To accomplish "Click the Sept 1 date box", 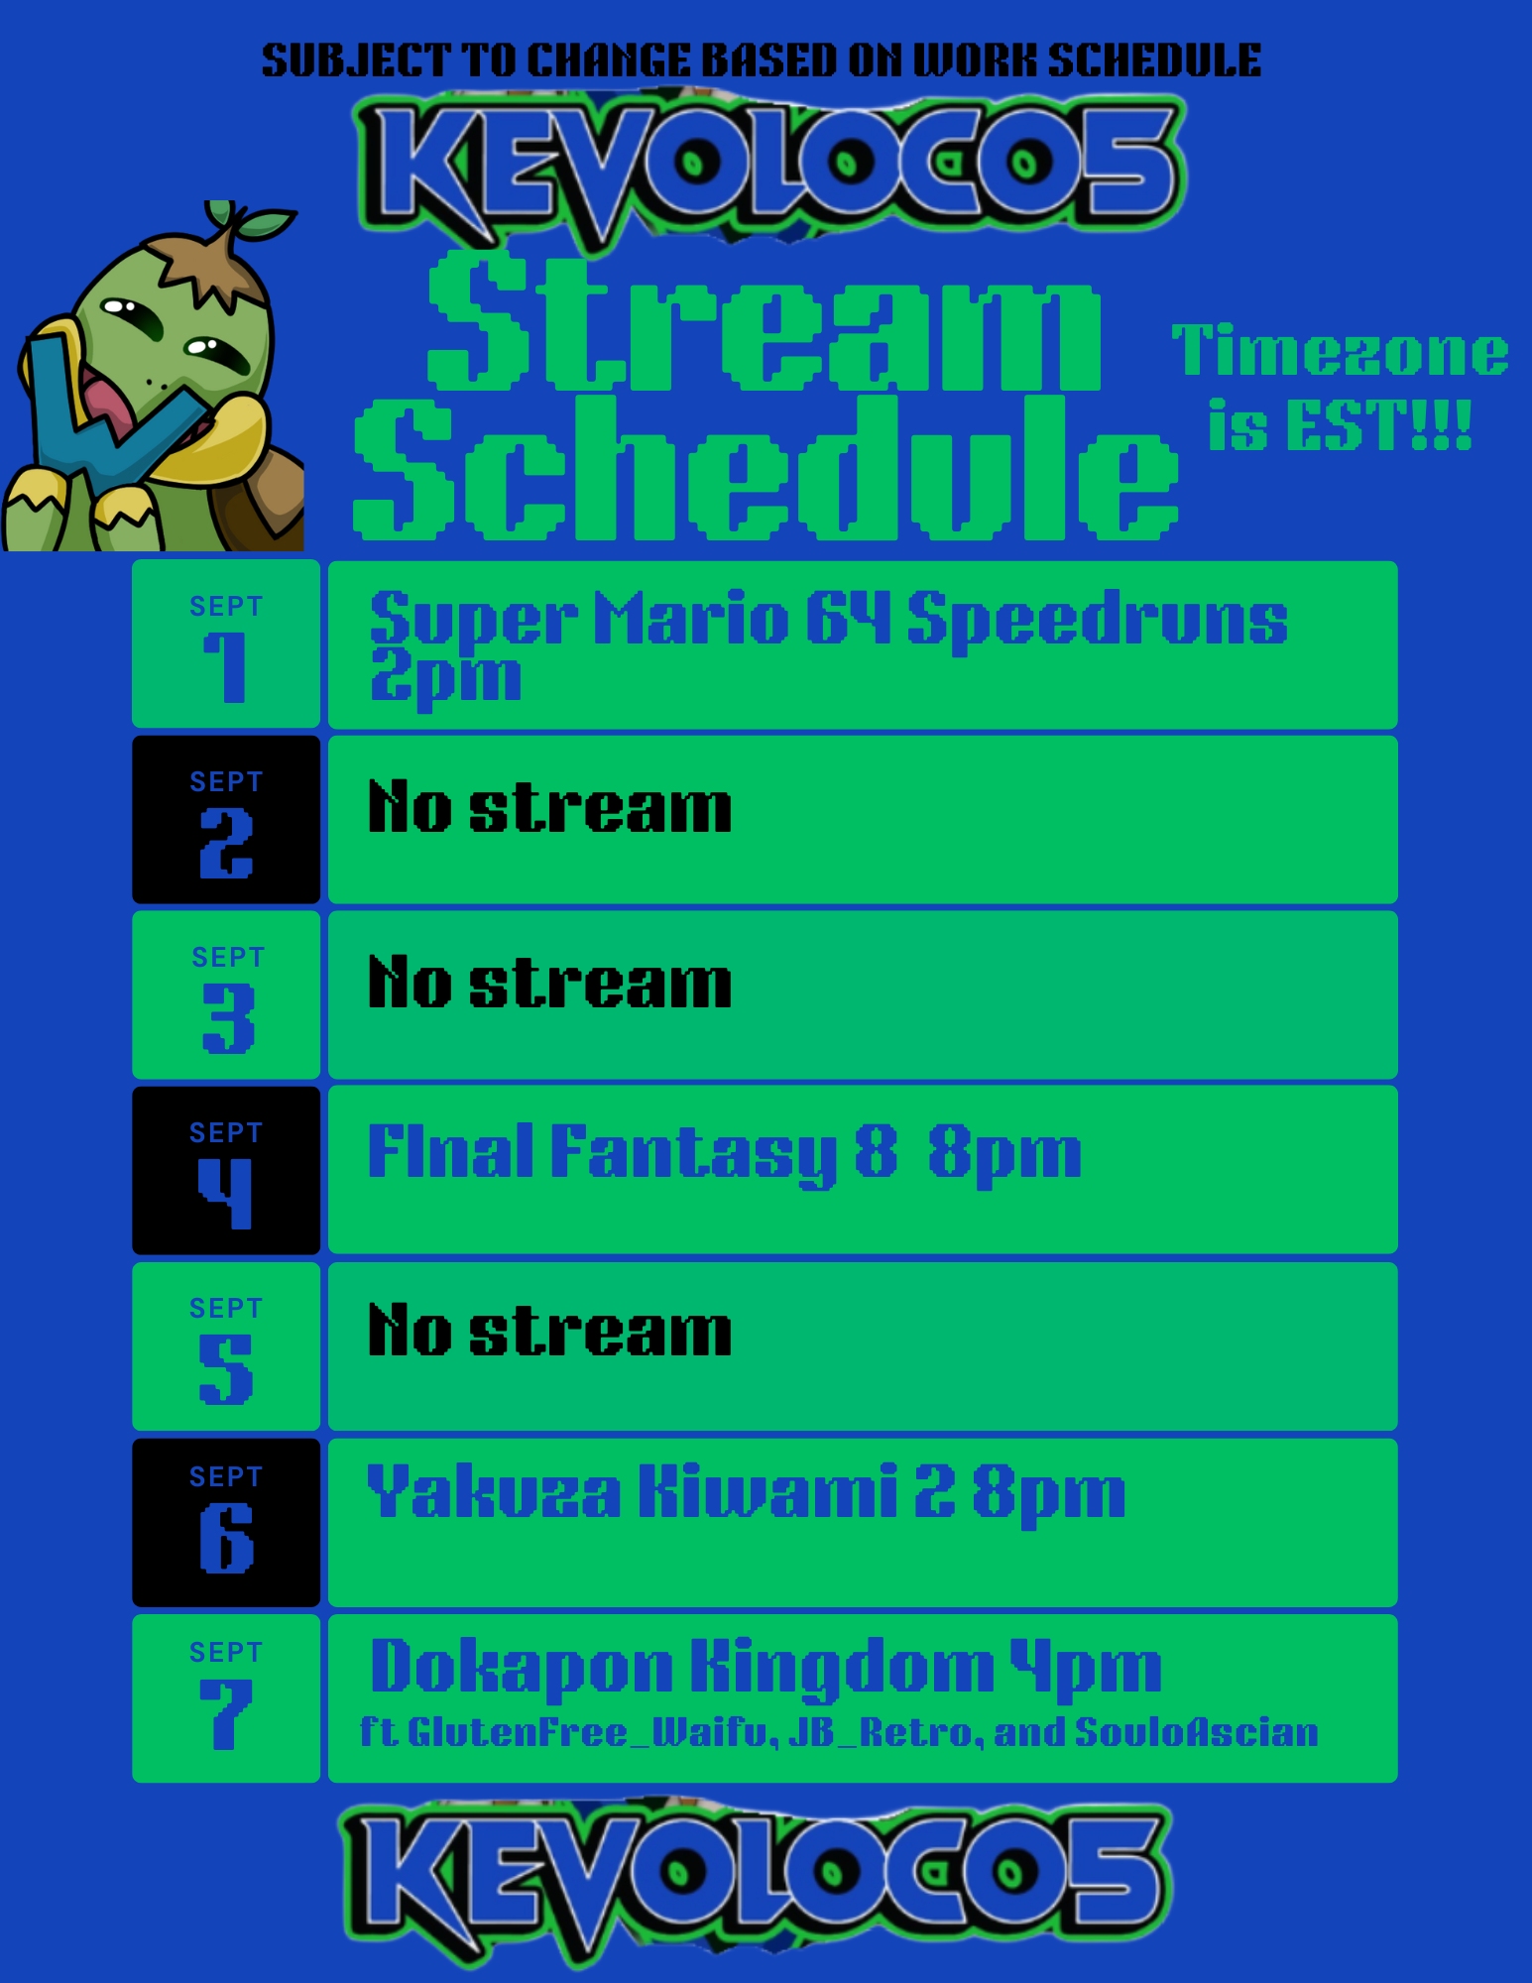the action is click(x=226, y=643).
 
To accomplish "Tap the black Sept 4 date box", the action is click(x=226, y=1170).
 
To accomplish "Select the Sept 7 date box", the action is click(x=226, y=1698).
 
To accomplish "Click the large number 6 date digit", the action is click(x=226, y=1538).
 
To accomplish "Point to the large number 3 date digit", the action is click(x=228, y=1018).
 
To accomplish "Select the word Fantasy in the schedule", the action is click(x=693, y=1154).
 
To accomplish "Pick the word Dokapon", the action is click(x=522, y=1668).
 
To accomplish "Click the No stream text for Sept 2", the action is click(x=550, y=807).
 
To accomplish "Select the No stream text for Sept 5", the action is click(x=550, y=1330).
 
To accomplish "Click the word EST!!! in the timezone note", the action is click(x=1377, y=426).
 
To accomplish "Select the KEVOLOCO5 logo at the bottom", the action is click(x=757, y=1878).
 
